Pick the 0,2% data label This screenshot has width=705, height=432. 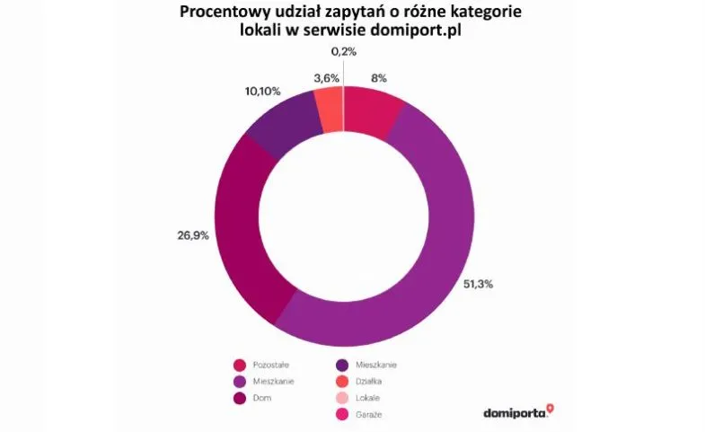pos(345,53)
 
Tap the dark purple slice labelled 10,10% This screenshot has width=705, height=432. pos(284,126)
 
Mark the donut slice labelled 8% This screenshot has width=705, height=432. pos(371,111)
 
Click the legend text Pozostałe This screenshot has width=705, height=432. pos(272,366)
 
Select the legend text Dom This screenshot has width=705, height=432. pos(262,398)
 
